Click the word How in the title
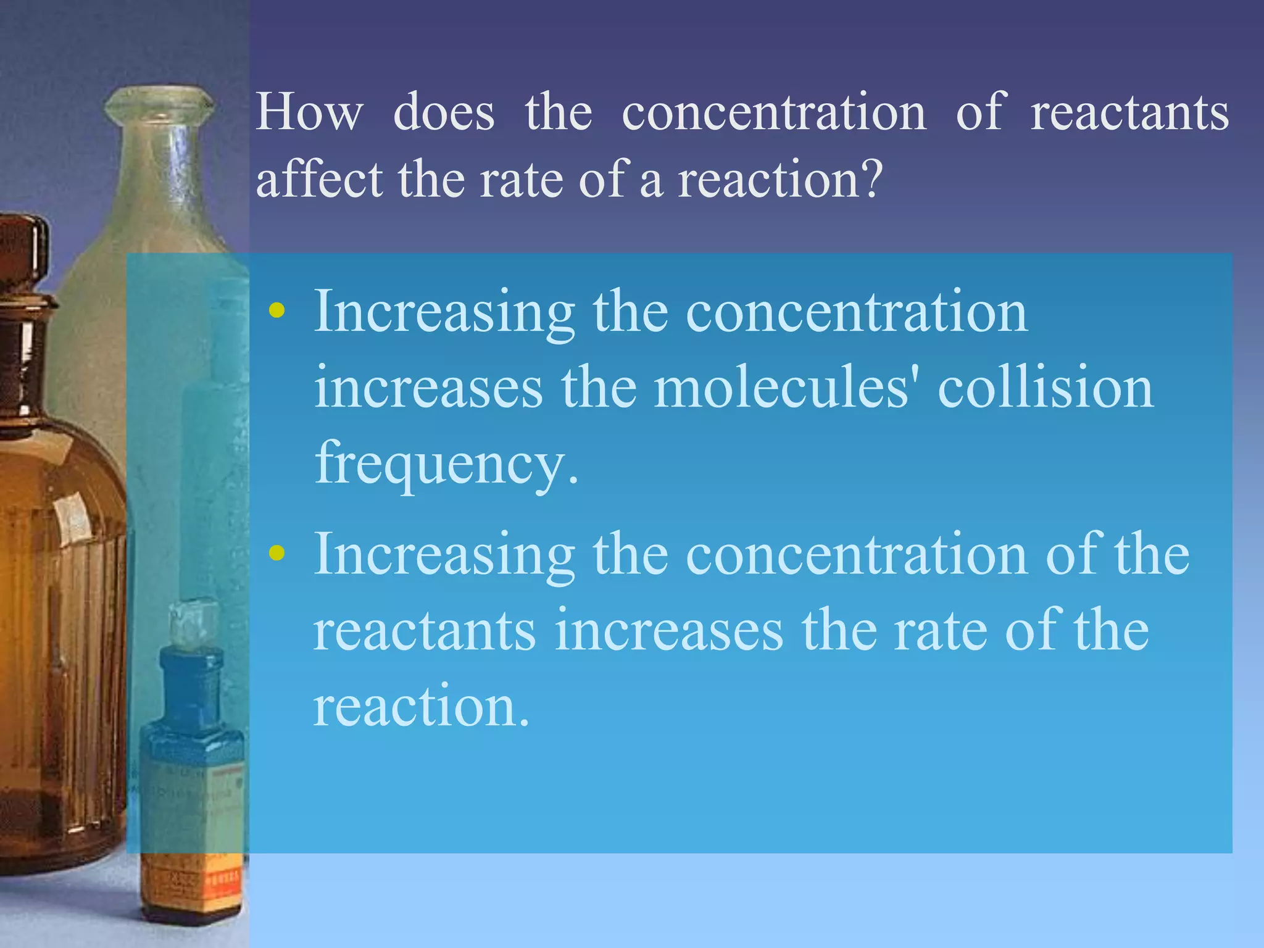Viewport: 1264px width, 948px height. point(309,112)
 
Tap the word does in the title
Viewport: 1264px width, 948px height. point(444,112)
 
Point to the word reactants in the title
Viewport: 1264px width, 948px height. point(1129,112)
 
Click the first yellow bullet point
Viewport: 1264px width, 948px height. point(277,310)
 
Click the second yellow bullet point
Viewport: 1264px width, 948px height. point(277,553)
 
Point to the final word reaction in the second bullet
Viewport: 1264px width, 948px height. point(421,706)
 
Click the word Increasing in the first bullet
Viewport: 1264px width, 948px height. point(444,312)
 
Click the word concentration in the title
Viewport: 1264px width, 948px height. point(774,112)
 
